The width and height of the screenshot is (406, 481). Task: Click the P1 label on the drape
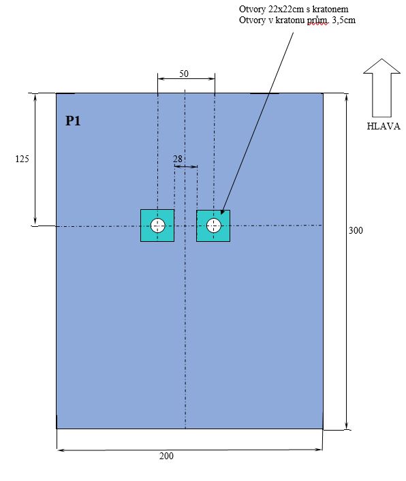pyautogui.click(x=73, y=121)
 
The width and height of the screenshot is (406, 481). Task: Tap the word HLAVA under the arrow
pyautogui.click(x=384, y=127)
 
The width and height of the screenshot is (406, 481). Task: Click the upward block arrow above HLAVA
pyautogui.click(x=381, y=88)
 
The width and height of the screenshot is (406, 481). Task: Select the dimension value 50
pyautogui.click(x=184, y=74)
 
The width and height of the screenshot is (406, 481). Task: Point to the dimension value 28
pyautogui.click(x=178, y=159)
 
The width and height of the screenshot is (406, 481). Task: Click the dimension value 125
pyautogui.click(x=22, y=159)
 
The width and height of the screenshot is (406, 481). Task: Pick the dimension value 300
pyautogui.click(x=356, y=230)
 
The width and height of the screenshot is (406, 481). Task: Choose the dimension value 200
pyautogui.click(x=166, y=456)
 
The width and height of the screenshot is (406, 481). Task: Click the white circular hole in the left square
pyautogui.click(x=157, y=226)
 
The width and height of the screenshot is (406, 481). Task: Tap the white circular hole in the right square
pyautogui.click(x=213, y=226)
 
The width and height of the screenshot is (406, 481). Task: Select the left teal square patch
pyautogui.click(x=157, y=226)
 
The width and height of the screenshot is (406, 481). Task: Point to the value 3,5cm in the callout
pyautogui.click(x=344, y=20)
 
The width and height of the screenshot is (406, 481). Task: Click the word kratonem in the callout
pyautogui.click(x=330, y=10)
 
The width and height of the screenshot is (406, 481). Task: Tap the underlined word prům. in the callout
pyautogui.click(x=318, y=21)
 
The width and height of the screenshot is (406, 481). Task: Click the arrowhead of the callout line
pyautogui.click(x=223, y=212)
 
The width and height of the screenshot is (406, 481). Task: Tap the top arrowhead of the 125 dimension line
pyautogui.click(x=35, y=97)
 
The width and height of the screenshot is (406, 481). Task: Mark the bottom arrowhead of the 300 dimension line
pyautogui.click(x=347, y=426)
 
